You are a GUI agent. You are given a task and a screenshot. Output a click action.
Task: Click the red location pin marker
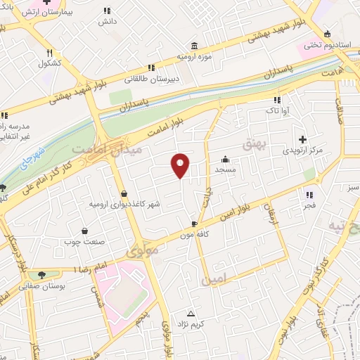(x=181, y=165)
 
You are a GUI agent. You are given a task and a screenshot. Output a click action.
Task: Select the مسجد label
(x=225, y=170)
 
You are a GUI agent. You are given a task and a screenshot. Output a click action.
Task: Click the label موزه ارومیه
(x=192, y=54)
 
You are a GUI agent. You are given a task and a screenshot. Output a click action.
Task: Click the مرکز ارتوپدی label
(x=303, y=150)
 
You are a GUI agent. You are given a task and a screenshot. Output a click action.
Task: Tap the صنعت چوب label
(x=85, y=244)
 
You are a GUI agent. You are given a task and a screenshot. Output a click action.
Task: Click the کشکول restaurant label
(x=51, y=63)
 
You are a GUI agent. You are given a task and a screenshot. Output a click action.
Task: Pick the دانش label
(x=107, y=22)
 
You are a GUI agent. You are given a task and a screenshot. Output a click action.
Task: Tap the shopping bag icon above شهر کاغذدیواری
(x=124, y=193)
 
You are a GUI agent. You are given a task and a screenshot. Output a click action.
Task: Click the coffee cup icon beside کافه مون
(x=184, y=225)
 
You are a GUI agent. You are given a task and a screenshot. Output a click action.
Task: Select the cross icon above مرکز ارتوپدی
(x=303, y=139)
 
